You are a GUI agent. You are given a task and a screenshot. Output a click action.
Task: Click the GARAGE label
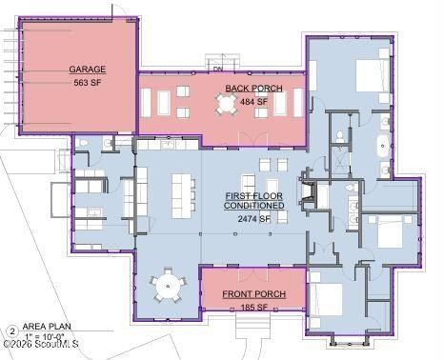(x=88, y=70)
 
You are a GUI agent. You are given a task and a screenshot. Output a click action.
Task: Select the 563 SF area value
(x=88, y=83)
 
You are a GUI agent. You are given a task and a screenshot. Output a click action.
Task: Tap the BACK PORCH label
(x=253, y=89)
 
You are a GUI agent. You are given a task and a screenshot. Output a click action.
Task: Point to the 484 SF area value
(x=253, y=102)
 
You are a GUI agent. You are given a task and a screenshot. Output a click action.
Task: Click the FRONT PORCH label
(x=253, y=294)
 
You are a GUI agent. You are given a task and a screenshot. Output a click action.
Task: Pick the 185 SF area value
(x=253, y=308)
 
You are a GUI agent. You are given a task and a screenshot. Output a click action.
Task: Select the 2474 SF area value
(x=254, y=219)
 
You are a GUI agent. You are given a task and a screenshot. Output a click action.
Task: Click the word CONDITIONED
(x=253, y=206)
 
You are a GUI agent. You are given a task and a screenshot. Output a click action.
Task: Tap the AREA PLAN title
(x=47, y=326)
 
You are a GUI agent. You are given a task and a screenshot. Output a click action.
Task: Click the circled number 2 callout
(x=12, y=331)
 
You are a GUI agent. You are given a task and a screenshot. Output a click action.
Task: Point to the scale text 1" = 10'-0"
(x=45, y=336)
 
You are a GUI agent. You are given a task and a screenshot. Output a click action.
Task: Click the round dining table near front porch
(x=168, y=286)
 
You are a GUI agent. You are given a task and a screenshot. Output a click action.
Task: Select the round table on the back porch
(x=227, y=103)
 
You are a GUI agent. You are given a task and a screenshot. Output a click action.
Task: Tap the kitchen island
(x=181, y=196)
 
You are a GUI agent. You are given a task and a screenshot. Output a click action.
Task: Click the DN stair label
(x=218, y=69)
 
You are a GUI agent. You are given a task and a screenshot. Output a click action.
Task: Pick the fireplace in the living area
(x=307, y=190)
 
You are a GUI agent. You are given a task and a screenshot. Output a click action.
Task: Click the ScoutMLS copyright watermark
(x=41, y=344)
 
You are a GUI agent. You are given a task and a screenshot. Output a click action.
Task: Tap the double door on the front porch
(x=253, y=273)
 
